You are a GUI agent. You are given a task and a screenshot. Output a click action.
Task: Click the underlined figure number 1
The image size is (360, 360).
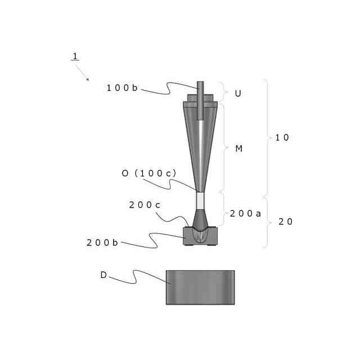coord(75,56)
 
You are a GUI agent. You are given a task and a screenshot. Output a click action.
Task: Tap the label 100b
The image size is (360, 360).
coord(122,88)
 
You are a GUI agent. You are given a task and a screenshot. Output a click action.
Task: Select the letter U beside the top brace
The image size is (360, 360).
coord(238,93)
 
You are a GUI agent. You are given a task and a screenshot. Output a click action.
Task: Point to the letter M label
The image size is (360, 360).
coord(238,148)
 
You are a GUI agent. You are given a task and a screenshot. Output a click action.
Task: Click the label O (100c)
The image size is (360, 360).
coord(149,173)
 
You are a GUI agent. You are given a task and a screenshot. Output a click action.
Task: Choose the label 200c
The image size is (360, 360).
coord(145,205)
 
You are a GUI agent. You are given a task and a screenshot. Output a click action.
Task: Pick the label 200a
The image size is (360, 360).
coord(245,214)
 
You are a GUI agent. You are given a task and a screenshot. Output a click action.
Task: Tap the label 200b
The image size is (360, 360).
coord(102,242)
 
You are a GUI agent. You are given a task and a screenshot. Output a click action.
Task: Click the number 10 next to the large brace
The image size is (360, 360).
coord(282,137)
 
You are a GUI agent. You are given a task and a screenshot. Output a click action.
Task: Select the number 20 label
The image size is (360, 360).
coord(285,222)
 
